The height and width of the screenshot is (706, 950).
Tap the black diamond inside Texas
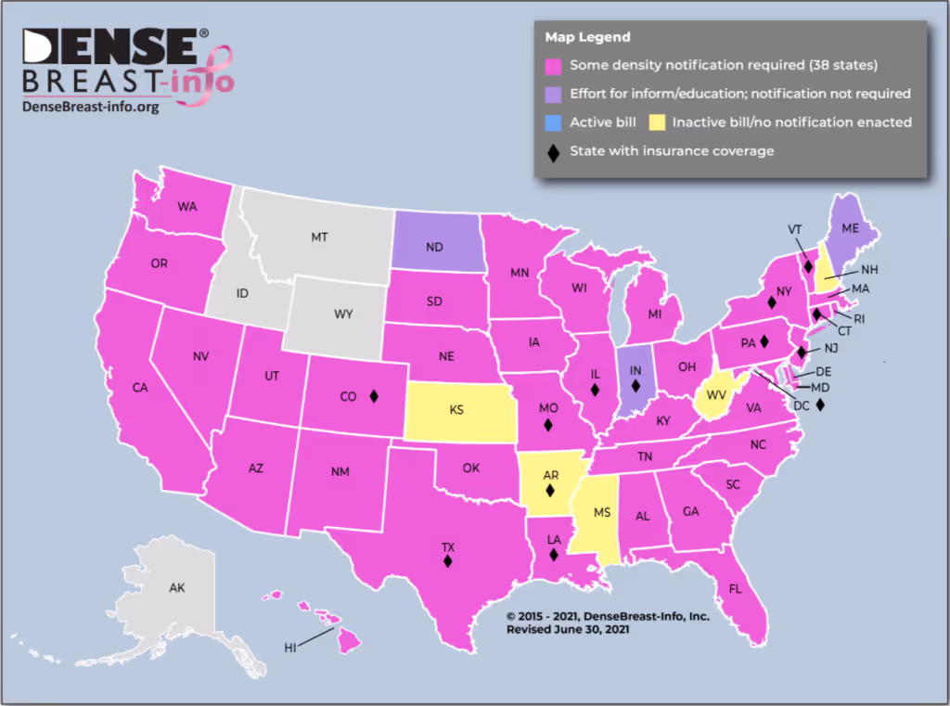pos(447,559)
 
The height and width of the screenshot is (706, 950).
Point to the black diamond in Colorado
pos(374,396)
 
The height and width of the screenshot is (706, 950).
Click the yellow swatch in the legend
pos(657,122)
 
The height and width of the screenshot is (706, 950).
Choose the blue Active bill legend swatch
pos(554,122)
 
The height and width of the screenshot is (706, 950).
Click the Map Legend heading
pos(587,37)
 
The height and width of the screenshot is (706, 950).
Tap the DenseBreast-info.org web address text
pos(90,107)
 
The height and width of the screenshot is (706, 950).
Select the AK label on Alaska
pos(176,588)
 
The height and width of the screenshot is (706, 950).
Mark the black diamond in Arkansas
pos(549,491)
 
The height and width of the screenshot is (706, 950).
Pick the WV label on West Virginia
pos(714,394)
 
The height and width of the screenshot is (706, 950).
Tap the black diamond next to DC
pos(820,405)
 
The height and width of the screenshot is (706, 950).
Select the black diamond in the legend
pos(554,151)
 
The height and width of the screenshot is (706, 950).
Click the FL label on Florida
pos(735,589)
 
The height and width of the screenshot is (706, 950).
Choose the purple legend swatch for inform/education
pos(554,93)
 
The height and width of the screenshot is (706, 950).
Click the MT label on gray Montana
pos(319,237)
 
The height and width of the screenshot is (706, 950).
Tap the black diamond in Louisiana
pos(553,555)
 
